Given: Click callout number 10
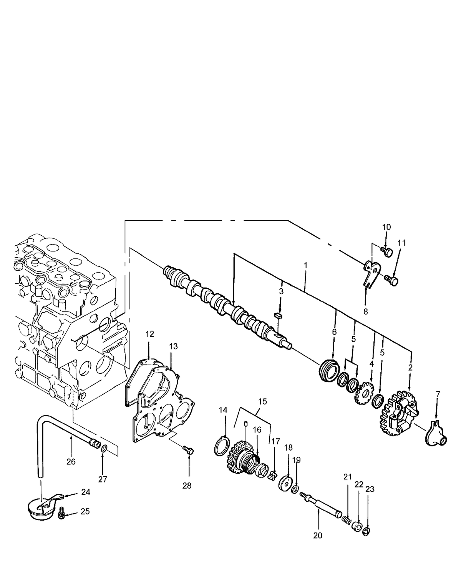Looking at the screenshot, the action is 386,227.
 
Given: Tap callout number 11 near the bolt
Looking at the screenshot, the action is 401,243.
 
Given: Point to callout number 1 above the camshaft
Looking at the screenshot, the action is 305,265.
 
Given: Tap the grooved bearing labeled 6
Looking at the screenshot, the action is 329,370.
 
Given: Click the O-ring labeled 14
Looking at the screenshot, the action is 222,446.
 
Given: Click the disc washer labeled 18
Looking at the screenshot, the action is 285,483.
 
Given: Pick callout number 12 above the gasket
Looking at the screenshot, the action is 149,334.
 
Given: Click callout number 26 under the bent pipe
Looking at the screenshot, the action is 71,461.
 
